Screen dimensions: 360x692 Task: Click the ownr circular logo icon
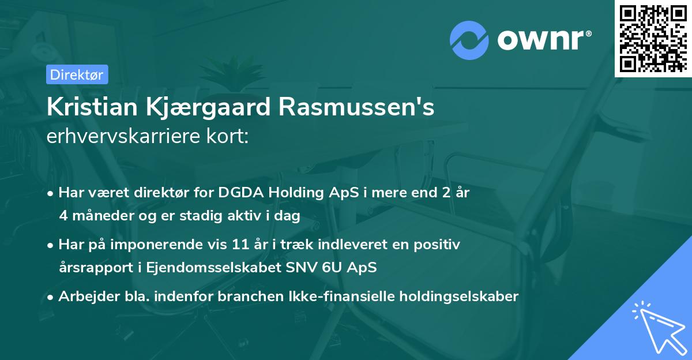click(469, 40)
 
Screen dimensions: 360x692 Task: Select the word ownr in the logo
click(542, 41)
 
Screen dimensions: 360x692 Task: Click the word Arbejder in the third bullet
click(84, 297)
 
